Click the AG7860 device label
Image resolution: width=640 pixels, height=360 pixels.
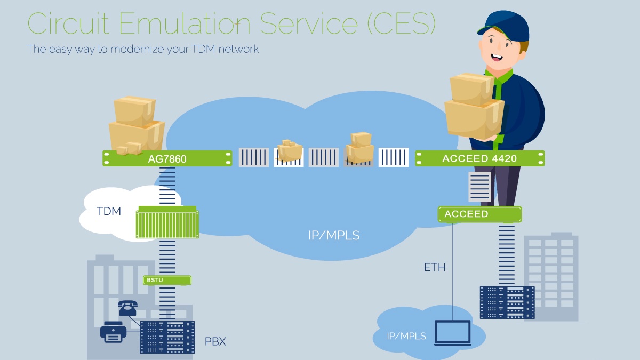click(x=167, y=159)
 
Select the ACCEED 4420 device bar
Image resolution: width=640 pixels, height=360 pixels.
click(x=480, y=158)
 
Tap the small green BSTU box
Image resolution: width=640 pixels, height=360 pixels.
click(x=167, y=280)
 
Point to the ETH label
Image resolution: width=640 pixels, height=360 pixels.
click(x=435, y=267)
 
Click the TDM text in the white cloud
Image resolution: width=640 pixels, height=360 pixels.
click(x=109, y=211)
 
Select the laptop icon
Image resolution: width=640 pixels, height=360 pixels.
click(x=453, y=333)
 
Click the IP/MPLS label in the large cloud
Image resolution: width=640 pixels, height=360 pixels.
click(x=334, y=235)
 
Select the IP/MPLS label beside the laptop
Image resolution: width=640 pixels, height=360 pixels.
click(x=406, y=336)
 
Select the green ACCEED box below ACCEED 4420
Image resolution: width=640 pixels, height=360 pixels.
click(x=479, y=214)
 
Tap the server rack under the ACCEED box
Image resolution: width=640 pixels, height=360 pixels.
click(x=507, y=302)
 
